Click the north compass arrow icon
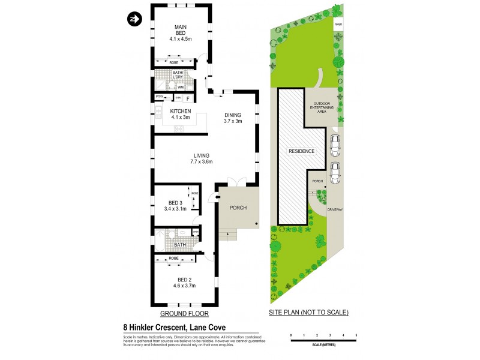(x=133, y=19)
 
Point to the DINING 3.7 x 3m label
(x=233, y=118)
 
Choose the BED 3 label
(x=175, y=205)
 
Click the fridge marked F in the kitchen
(x=187, y=98)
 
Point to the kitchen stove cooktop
(x=178, y=128)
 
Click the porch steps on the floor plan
(x=227, y=235)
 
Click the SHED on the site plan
(x=339, y=25)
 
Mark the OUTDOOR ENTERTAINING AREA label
(x=320, y=106)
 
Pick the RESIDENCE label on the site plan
(x=302, y=151)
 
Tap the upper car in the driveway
(x=335, y=144)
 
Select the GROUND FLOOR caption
(x=181, y=313)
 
